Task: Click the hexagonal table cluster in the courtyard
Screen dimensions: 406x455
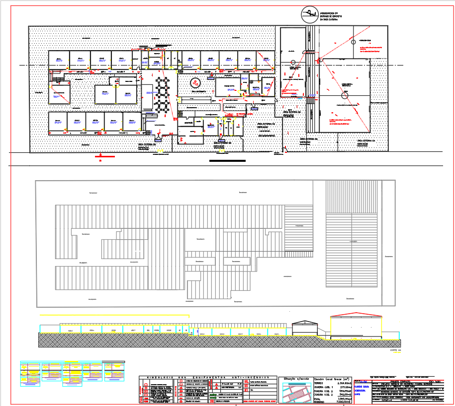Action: click(x=161, y=94)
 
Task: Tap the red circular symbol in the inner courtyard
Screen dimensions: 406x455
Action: click(x=196, y=83)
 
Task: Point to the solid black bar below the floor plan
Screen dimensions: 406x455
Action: click(x=228, y=161)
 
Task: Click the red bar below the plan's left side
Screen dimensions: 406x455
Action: click(x=105, y=156)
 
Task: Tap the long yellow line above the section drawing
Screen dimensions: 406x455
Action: click(x=114, y=315)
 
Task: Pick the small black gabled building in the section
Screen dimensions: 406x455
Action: click(x=304, y=328)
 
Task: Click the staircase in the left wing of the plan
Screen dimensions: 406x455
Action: click(x=60, y=80)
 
